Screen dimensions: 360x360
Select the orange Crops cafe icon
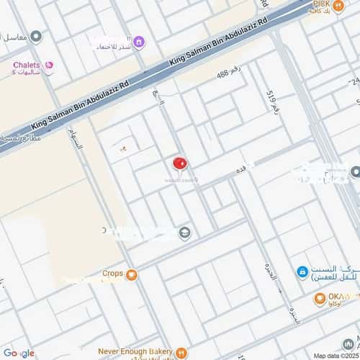point(131,274)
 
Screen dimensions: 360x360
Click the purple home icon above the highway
point(139,42)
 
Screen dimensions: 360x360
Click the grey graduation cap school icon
point(185,232)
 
